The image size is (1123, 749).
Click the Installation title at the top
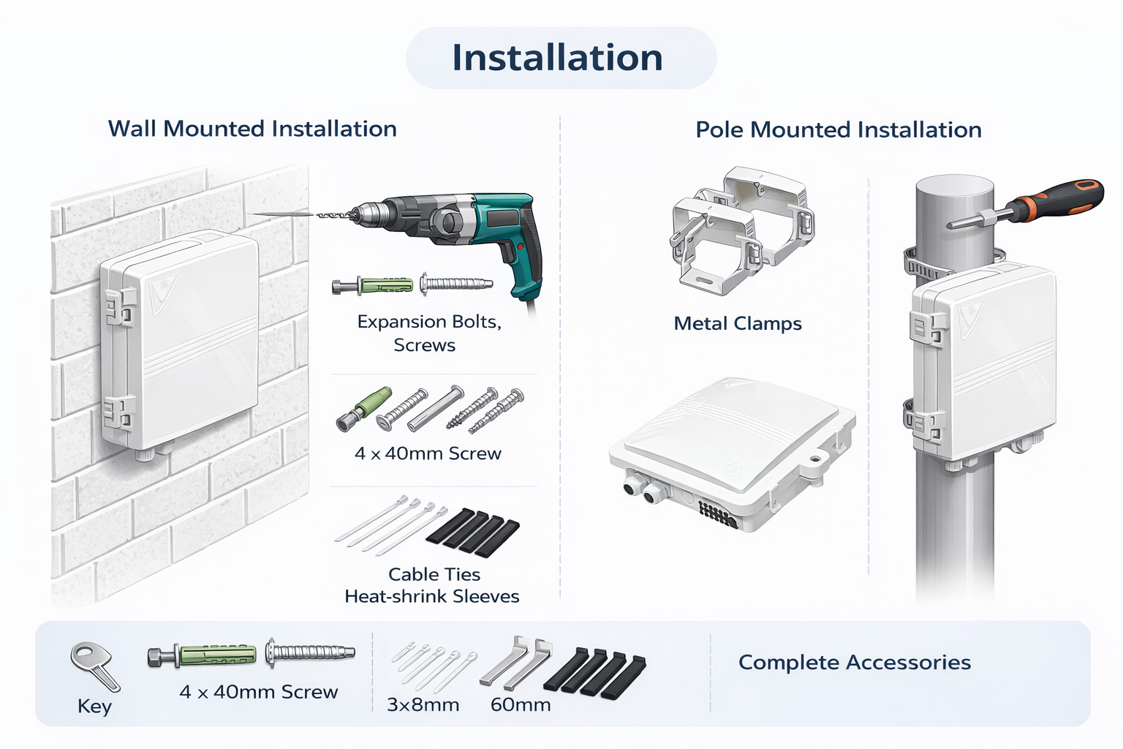(x=557, y=58)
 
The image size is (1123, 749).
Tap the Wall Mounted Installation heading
(x=252, y=129)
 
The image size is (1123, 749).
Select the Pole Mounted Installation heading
(x=838, y=129)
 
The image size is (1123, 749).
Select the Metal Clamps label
(x=737, y=323)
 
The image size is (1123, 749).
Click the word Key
(x=94, y=707)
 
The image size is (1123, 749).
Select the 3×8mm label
(x=423, y=705)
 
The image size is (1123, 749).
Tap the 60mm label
(x=520, y=705)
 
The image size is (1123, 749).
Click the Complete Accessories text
(x=854, y=662)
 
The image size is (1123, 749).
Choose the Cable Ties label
(x=434, y=574)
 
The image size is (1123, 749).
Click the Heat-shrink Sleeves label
(x=431, y=596)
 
